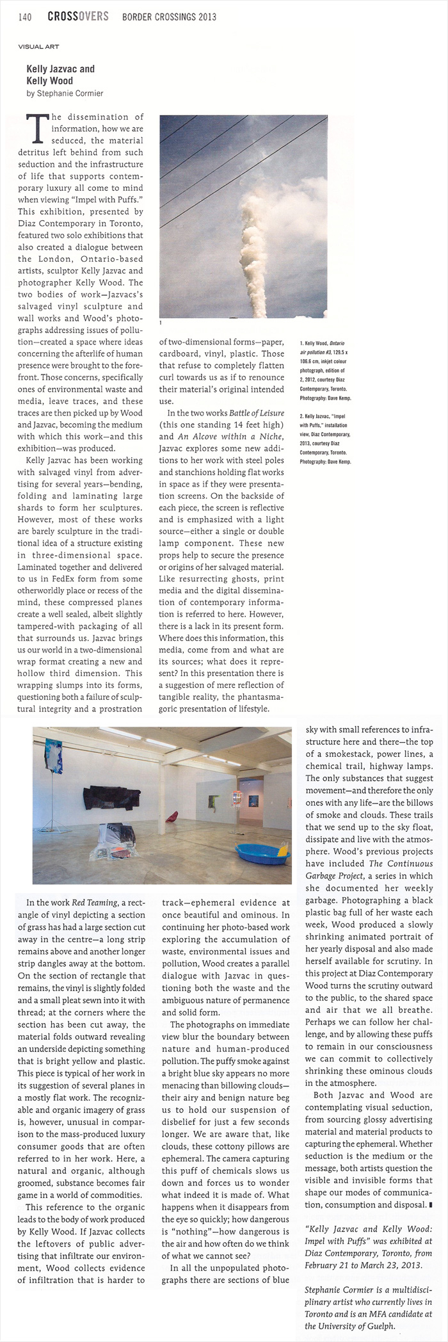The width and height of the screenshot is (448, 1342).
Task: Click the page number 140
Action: tap(26, 17)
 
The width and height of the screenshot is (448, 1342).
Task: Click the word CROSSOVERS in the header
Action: tap(78, 17)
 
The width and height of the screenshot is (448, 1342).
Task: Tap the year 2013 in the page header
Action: tap(205, 17)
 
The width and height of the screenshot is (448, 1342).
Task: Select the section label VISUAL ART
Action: tap(38, 47)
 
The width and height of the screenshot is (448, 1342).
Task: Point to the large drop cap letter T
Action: tap(36, 127)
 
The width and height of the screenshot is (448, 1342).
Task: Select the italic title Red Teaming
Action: tap(99, 903)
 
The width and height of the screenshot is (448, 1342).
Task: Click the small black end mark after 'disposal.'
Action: tap(428, 1204)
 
